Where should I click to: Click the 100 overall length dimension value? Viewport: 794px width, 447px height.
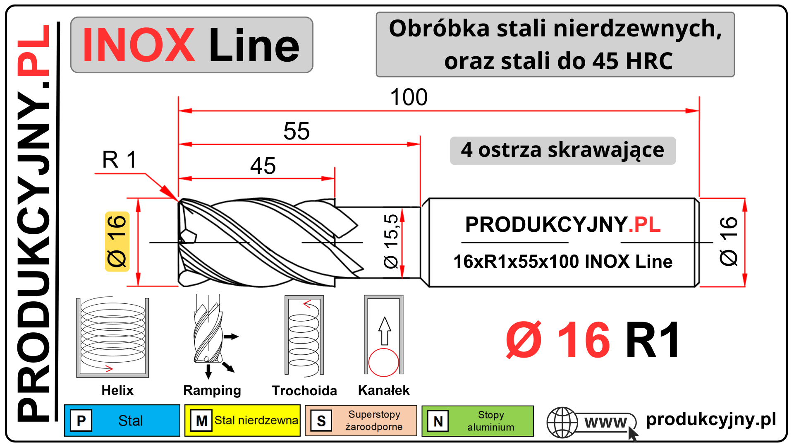coord(409,97)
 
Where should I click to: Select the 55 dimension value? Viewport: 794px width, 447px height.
coord(297,131)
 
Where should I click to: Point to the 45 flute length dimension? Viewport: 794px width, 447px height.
coord(263,166)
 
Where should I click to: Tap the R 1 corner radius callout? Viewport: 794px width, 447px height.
coord(119,160)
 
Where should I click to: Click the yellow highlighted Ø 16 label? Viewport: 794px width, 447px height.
coord(117,241)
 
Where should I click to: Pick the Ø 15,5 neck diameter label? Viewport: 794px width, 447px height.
coord(391,241)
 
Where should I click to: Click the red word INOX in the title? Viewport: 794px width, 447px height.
coord(139,45)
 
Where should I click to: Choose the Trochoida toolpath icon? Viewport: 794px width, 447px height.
coord(304,336)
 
